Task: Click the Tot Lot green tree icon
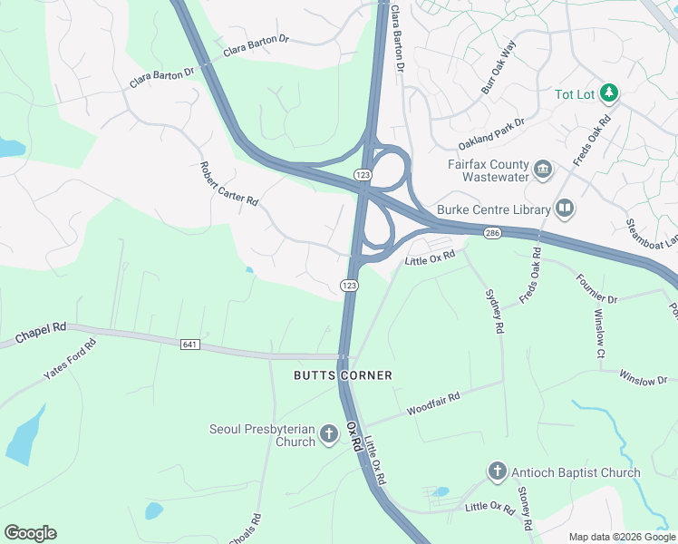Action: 610,92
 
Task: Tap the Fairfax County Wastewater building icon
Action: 543,169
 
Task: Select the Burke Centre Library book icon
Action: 565,209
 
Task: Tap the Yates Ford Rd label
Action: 69,361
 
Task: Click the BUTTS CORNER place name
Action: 343,375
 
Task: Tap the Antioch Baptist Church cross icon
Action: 497,471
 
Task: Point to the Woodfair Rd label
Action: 434,402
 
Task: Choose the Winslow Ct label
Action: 599,333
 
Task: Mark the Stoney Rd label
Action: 524,508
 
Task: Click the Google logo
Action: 30,533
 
